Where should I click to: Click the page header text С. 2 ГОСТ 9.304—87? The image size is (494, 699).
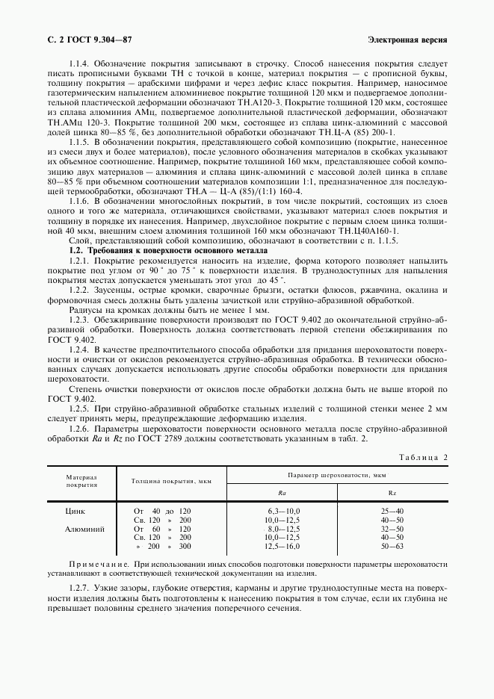(90, 38)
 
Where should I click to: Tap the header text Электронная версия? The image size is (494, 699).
(408, 38)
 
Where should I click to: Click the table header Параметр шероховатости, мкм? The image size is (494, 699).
(336, 476)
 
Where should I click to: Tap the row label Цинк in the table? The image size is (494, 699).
(76, 510)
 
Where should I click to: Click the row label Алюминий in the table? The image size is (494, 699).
(86, 528)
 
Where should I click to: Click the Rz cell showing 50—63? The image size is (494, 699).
(392, 546)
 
